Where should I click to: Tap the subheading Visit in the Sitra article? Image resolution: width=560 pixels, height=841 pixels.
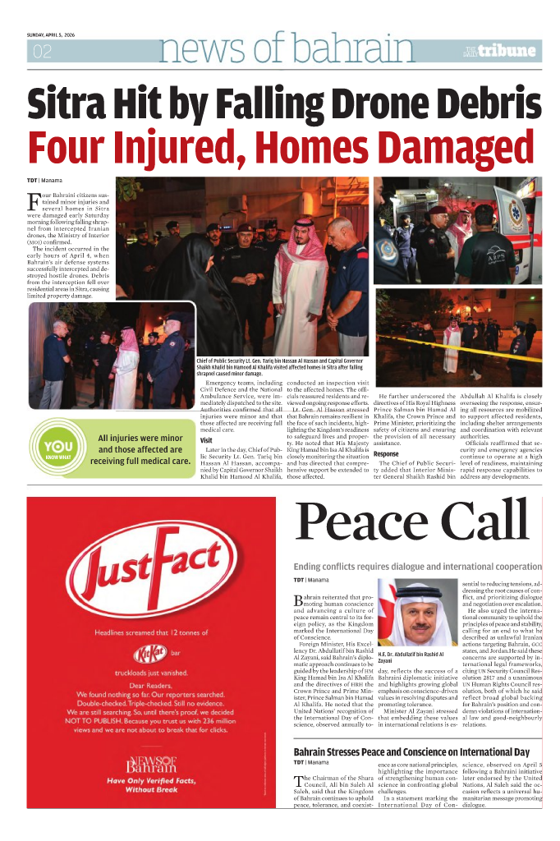(x=207, y=440)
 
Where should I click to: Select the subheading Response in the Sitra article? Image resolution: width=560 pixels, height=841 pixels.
(x=386, y=453)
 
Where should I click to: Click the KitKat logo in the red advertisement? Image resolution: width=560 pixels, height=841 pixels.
(x=149, y=654)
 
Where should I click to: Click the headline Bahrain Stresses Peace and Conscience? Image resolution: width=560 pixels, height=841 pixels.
(x=411, y=752)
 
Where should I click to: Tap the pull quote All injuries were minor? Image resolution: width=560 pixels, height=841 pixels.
(x=140, y=449)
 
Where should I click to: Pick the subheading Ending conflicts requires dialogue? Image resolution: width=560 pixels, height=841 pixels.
(x=417, y=567)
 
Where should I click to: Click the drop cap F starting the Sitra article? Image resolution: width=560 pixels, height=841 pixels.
(x=32, y=200)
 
